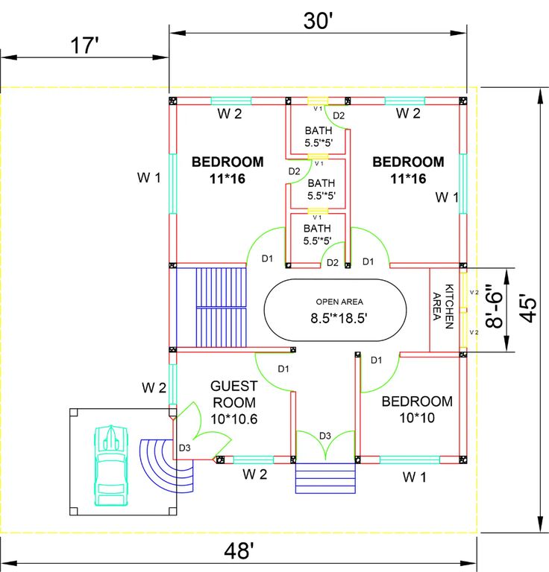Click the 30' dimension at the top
(317, 20)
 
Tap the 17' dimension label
(84, 45)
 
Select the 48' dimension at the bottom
(239, 551)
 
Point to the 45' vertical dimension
(527, 308)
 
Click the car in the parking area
(110, 466)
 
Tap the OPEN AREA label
(339, 302)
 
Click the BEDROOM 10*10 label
(417, 409)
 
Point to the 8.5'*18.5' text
(339, 317)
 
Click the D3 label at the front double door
(324, 435)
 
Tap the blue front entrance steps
(325, 477)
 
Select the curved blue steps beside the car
(166, 465)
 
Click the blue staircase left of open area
(221, 305)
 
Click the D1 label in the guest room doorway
(283, 369)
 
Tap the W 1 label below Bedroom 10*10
(415, 476)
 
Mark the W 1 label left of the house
(148, 177)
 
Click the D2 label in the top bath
(339, 115)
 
